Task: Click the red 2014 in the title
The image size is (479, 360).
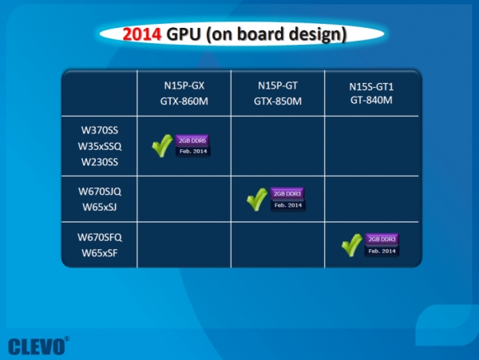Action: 144,34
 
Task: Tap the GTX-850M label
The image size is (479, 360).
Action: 278,101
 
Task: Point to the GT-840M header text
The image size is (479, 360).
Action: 372,101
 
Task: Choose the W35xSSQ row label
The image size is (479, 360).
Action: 99,146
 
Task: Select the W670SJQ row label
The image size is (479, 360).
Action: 99,192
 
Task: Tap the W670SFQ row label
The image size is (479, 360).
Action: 99,238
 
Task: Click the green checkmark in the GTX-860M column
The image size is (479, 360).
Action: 163,145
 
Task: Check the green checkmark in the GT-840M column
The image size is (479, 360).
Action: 351,244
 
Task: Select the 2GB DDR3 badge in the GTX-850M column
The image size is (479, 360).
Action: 287,193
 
